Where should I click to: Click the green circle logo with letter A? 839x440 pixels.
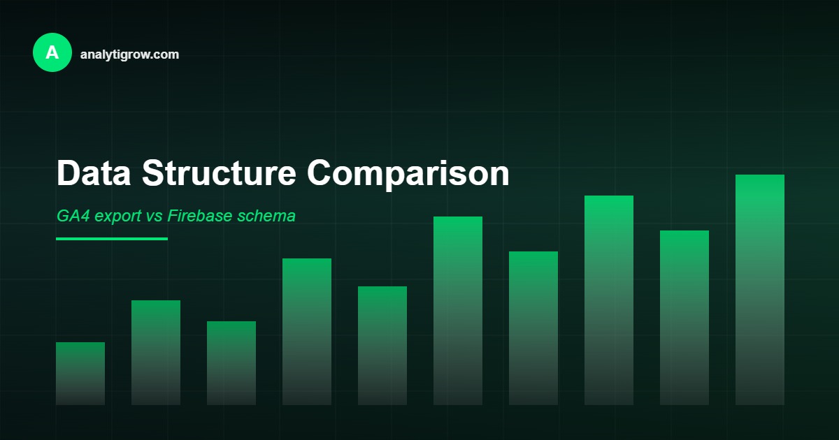52,52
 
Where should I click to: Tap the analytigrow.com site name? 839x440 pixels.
129,54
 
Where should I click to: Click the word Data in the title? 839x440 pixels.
94,173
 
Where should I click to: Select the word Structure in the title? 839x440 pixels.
219,173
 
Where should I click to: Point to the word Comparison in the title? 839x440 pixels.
408,173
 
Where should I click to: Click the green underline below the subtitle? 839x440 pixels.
112,239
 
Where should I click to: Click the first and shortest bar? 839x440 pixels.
80,374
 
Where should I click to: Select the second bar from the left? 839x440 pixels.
156,353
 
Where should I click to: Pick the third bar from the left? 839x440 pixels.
231,363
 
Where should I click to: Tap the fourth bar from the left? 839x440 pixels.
307,332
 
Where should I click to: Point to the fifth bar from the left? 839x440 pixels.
382,346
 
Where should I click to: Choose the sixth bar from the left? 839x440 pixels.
458,311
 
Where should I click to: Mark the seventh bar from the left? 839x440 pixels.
533,328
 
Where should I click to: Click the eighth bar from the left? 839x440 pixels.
609,300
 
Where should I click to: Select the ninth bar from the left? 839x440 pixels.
684,318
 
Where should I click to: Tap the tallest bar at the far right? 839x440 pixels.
760,290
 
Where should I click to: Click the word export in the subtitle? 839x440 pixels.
118,217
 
